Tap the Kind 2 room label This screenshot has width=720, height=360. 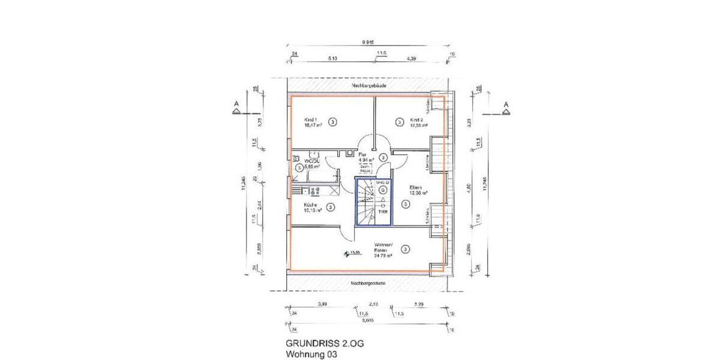click(x=415, y=118)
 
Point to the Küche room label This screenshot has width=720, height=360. click(x=311, y=203)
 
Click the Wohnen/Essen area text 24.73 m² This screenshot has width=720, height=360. click(x=383, y=256)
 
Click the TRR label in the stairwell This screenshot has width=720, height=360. click(x=382, y=211)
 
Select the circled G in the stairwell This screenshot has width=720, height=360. click(x=382, y=190)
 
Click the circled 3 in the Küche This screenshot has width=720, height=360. click(x=331, y=207)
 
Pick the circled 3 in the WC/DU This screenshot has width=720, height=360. click(x=299, y=168)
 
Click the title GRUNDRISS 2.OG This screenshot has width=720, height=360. click(x=324, y=344)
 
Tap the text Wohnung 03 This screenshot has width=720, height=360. click(x=311, y=355)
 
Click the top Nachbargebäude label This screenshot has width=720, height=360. click(x=368, y=86)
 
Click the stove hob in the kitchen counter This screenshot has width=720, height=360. click(x=314, y=191)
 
